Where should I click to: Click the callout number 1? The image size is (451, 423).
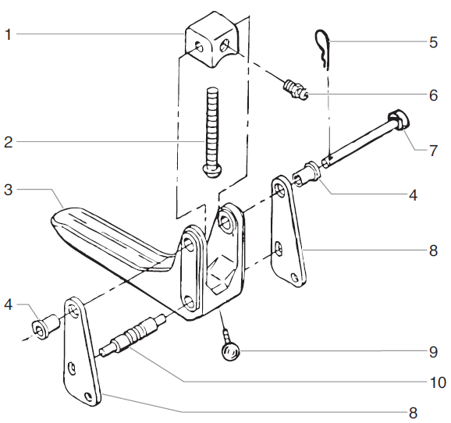[x=8, y=34]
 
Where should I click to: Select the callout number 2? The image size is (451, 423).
[x=8, y=142]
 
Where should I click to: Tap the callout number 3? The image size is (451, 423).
[x=8, y=189]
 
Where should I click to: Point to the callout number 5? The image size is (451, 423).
[x=433, y=42]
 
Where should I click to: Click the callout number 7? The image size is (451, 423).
[x=433, y=148]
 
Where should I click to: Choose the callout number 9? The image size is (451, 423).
[x=433, y=352]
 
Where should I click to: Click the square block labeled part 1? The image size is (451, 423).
[x=208, y=43]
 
